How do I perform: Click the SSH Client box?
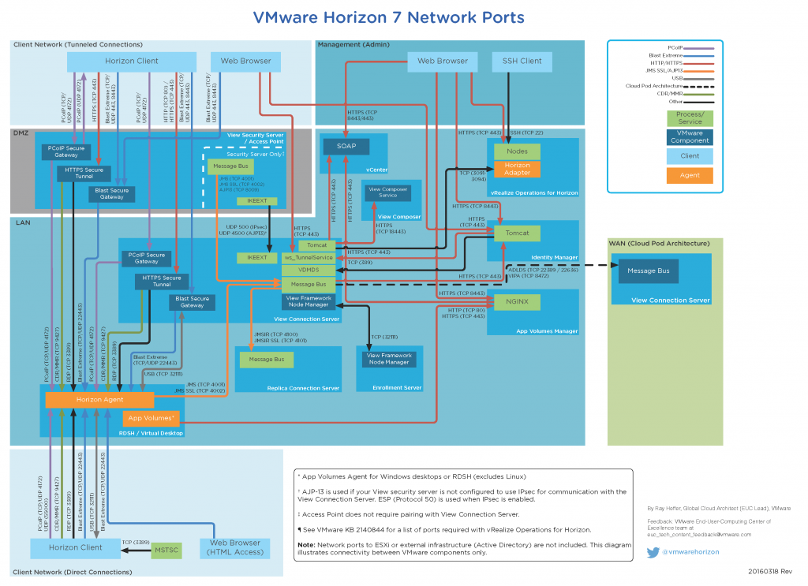(522, 61)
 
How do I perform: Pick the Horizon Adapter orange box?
(517, 169)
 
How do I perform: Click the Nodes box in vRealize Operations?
(517, 151)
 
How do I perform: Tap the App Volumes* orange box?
(151, 419)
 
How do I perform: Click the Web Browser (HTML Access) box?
(235, 547)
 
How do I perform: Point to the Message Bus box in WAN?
(648, 271)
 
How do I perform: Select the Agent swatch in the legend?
(690, 176)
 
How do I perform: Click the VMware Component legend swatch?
(690, 137)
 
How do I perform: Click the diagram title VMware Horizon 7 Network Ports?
(387, 17)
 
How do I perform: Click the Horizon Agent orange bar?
(99, 400)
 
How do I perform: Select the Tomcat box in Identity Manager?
(517, 233)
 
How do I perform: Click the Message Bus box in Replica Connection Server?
(266, 360)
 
